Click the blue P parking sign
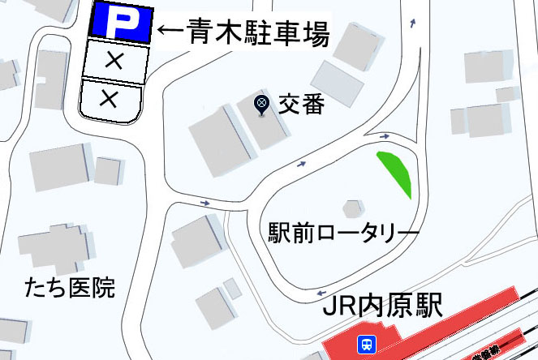click(119, 23)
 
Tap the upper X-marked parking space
click(117, 61)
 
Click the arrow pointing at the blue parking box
click(170, 32)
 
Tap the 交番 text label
click(300, 105)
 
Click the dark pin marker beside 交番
click(261, 103)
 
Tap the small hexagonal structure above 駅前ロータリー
click(352, 208)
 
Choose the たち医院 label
click(69, 287)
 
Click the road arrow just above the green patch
click(384, 136)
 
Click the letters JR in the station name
click(339, 307)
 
